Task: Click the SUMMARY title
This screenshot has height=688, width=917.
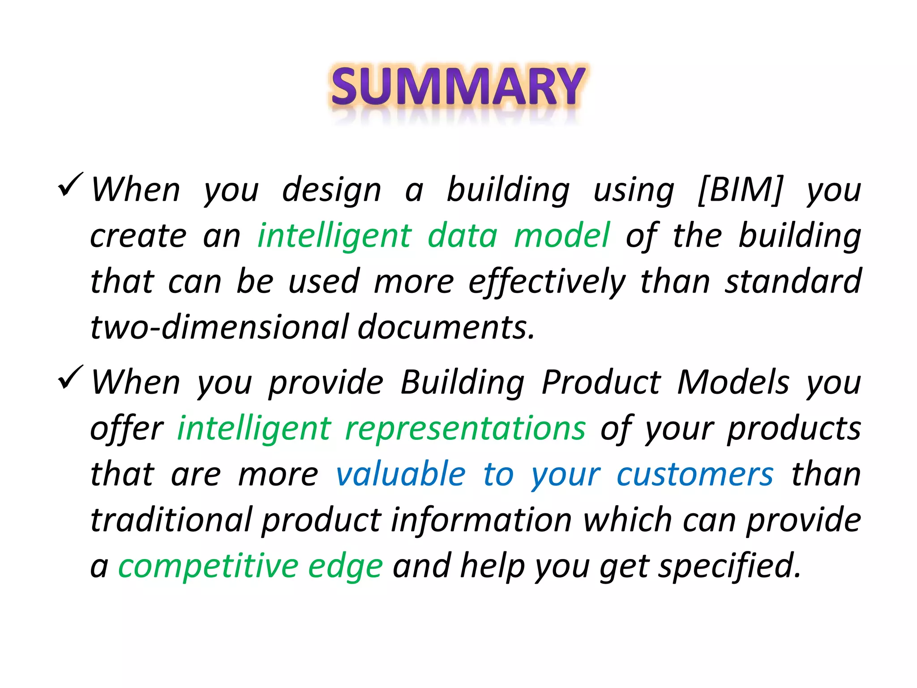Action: coord(458,86)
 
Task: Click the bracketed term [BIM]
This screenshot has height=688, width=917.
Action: coord(741,190)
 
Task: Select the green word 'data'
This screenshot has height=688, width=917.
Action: coord(462,236)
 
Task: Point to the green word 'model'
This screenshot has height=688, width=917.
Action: coord(562,236)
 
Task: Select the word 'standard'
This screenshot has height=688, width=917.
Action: coord(793,281)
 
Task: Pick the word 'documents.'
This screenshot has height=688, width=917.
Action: coord(446,327)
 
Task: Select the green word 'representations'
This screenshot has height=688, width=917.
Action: coord(465,429)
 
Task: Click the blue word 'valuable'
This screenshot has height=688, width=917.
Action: coord(401,474)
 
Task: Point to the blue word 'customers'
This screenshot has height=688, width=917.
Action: coord(695,474)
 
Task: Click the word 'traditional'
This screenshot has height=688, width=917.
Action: coord(171,520)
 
